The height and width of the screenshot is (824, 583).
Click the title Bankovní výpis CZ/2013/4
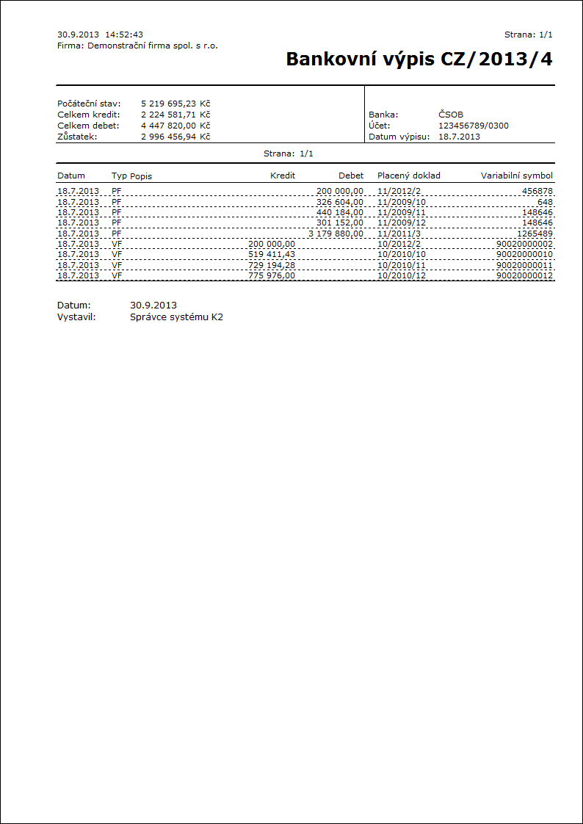[419, 59]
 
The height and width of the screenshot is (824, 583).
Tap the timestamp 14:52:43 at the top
[124, 35]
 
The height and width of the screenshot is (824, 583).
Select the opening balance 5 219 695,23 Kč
[175, 104]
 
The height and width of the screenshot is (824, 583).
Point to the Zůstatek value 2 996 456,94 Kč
[175, 137]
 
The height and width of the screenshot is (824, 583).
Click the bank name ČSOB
[451, 115]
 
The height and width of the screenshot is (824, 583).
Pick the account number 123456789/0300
[473, 126]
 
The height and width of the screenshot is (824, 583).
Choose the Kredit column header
[283, 176]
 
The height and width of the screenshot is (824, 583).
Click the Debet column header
[351, 176]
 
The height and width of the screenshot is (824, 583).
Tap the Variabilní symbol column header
[517, 176]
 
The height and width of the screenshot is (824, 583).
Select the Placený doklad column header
[409, 176]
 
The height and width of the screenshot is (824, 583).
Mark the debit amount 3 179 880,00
[336, 234]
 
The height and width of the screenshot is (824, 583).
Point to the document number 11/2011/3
[399, 234]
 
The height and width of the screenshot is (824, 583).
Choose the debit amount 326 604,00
[339, 202]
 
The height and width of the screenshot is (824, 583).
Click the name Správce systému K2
[176, 317]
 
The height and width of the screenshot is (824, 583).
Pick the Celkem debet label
[89, 126]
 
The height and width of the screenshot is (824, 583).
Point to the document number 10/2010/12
[402, 275]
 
